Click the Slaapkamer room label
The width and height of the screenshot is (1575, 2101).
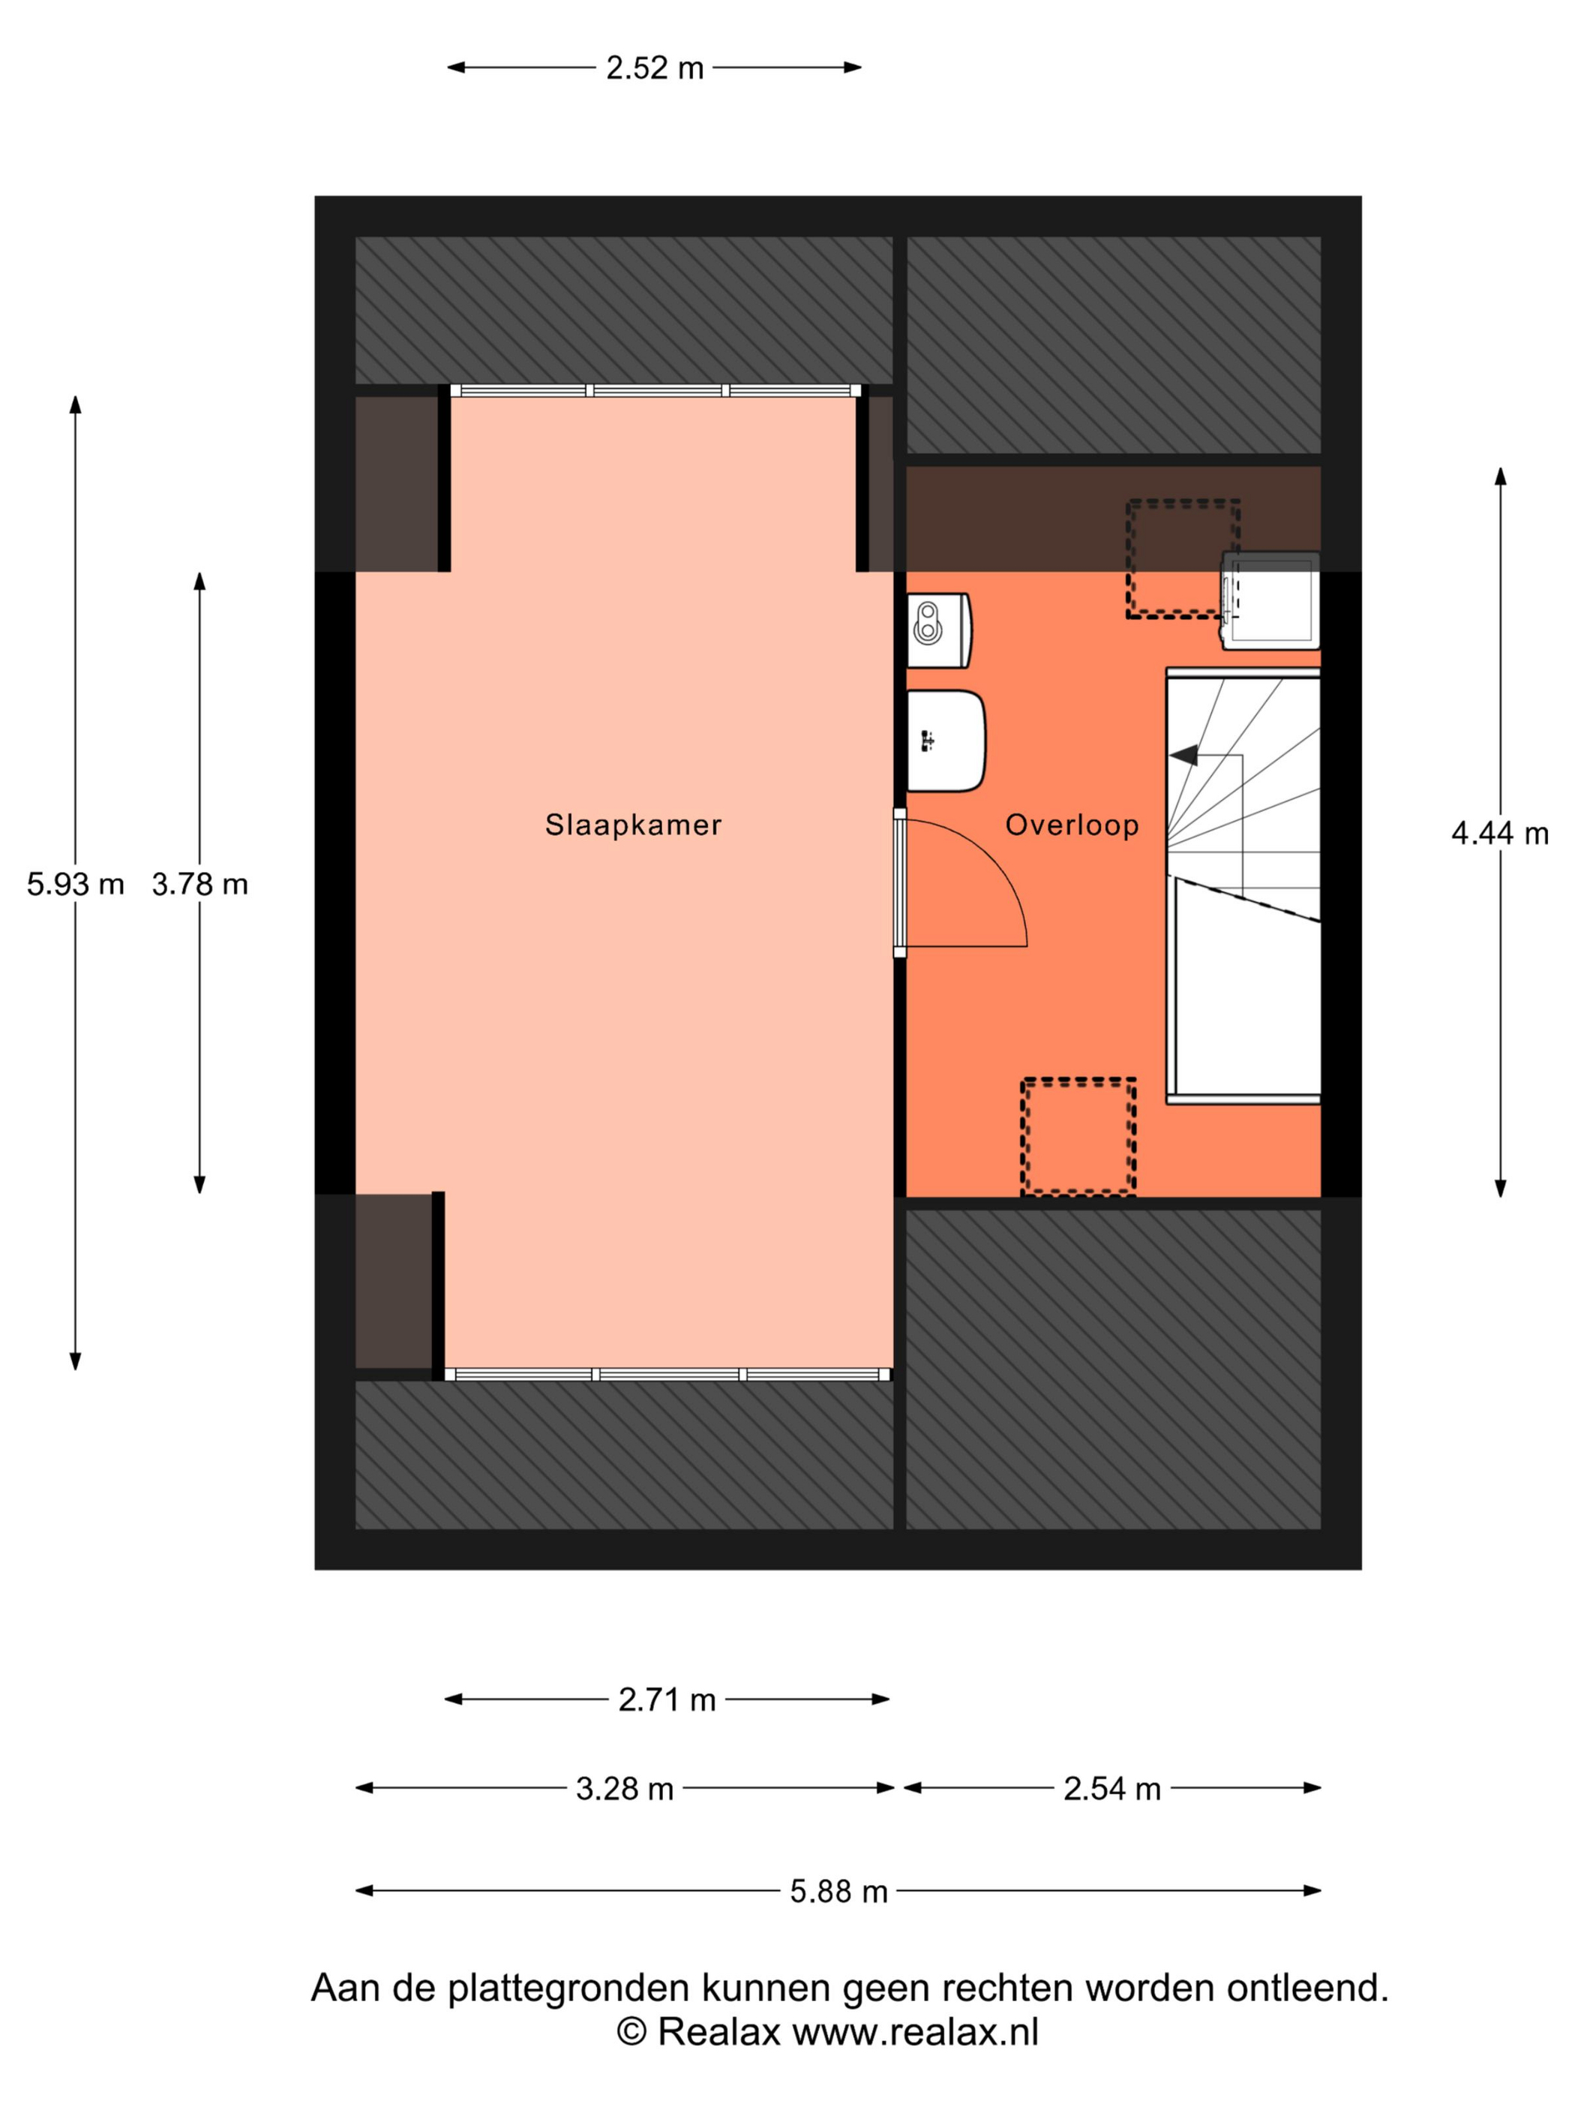click(633, 825)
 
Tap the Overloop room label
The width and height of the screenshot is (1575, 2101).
click(1072, 825)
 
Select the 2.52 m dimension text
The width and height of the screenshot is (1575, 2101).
click(655, 68)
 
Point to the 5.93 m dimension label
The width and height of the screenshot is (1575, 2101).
click(75, 884)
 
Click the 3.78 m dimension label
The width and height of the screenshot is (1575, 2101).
click(199, 884)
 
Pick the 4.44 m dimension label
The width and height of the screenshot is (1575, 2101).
click(1500, 833)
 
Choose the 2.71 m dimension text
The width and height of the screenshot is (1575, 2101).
click(667, 1700)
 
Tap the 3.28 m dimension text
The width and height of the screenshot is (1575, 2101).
click(625, 1789)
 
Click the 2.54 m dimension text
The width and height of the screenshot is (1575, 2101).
click(1111, 1789)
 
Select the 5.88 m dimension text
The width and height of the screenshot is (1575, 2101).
click(839, 1891)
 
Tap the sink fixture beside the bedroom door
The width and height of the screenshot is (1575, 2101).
click(946, 741)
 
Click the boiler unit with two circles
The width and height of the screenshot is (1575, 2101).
click(938, 630)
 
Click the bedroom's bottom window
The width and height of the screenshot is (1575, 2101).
click(667, 1375)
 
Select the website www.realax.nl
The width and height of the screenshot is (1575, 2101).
click(915, 2032)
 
